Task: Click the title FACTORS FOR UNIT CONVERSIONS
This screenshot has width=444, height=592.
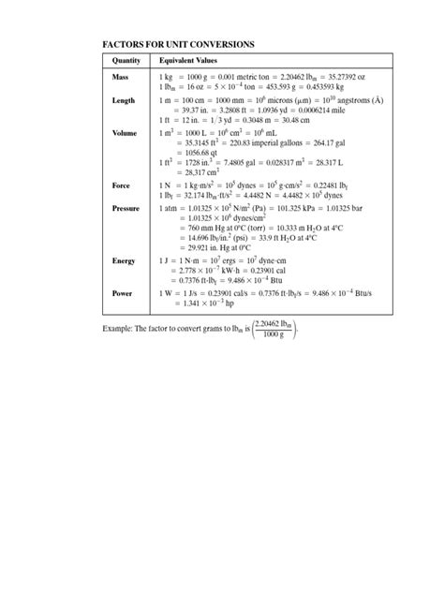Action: point(177,44)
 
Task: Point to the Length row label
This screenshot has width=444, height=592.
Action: point(124,100)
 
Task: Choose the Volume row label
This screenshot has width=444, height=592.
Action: point(125,134)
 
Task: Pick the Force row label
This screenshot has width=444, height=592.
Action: point(122,186)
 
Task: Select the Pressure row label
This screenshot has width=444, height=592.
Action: point(126,209)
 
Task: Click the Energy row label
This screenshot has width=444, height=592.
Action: point(124,260)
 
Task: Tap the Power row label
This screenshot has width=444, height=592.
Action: point(123,293)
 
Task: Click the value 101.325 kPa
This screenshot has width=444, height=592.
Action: point(293,209)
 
